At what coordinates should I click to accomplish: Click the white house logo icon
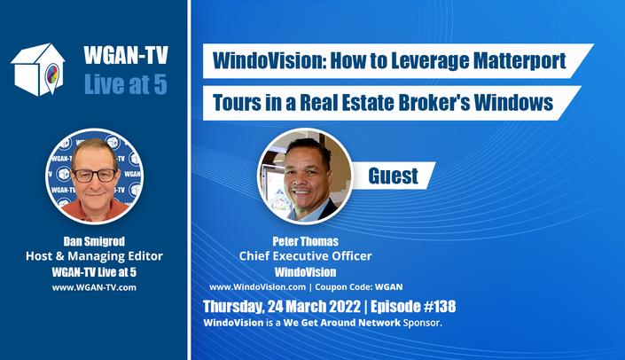(38, 69)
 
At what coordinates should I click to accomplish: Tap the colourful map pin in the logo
(52, 75)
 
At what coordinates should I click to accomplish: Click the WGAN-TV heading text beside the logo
(126, 55)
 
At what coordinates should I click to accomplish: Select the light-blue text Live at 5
(126, 84)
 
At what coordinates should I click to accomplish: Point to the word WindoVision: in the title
(269, 60)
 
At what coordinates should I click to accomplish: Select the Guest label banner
(393, 176)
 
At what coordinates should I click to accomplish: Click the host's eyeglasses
(95, 176)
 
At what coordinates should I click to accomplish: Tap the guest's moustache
(301, 188)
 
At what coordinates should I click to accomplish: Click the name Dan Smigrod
(94, 241)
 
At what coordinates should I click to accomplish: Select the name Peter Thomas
(305, 241)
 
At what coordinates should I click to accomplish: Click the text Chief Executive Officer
(305, 256)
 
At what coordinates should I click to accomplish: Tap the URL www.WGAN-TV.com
(94, 287)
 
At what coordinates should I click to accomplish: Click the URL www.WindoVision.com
(257, 287)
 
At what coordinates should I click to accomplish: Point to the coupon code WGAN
(389, 287)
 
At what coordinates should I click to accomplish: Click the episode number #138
(439, 307)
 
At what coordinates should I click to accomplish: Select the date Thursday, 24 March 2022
(282, 307)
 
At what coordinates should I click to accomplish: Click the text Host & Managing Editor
(94, 256)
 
